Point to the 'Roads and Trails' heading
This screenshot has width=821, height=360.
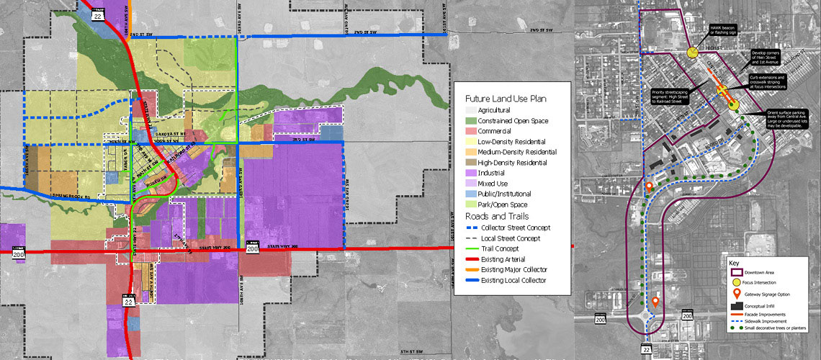pos(497,215)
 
